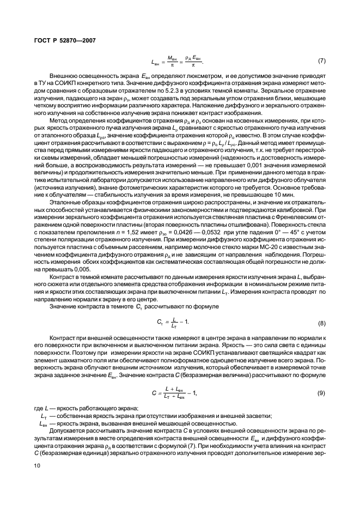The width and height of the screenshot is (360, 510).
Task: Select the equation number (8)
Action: pyautogui.click(x=321, y=323)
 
